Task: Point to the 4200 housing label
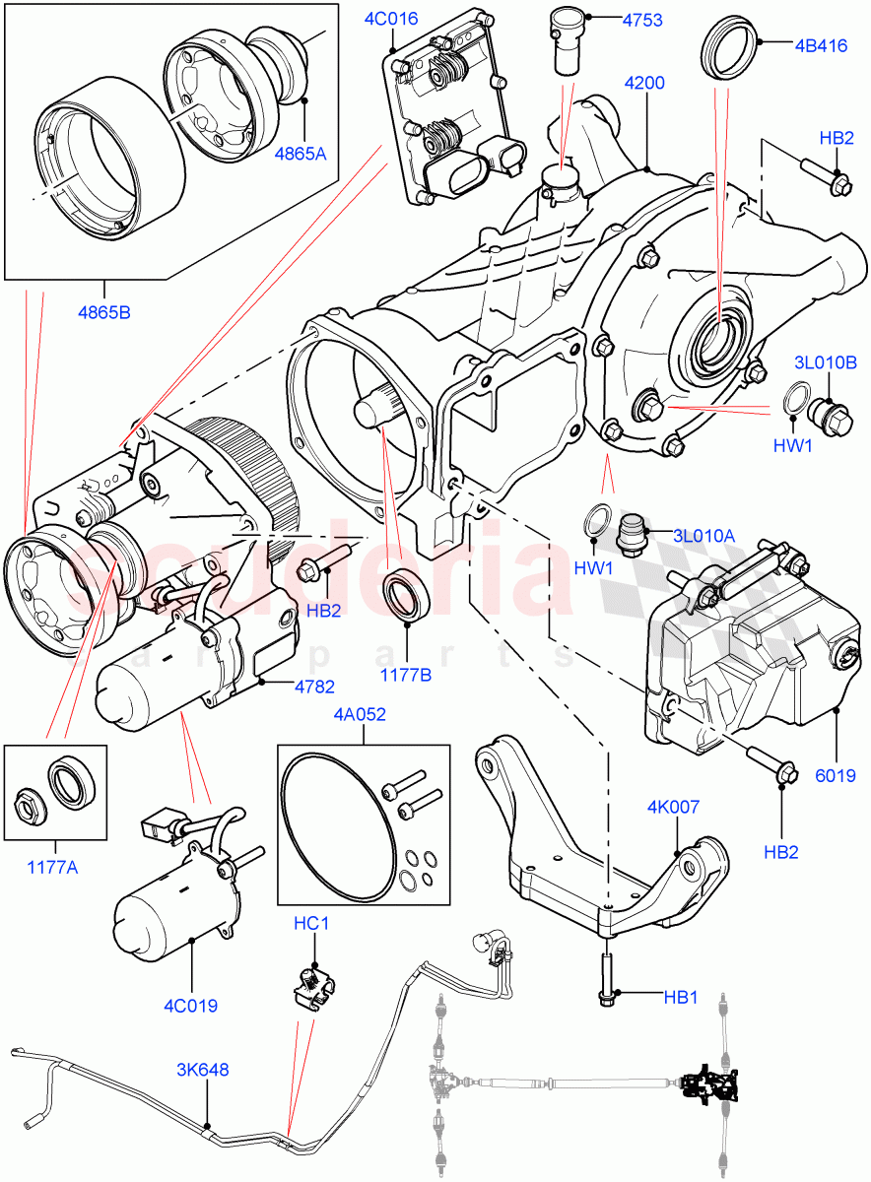tap(645, 86)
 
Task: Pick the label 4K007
tap(674, 807)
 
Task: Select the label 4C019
tap(192, 1007)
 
